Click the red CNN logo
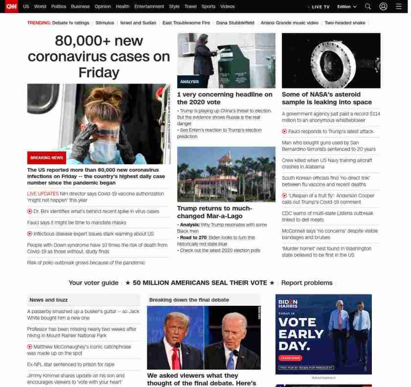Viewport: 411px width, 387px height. pos(11,6)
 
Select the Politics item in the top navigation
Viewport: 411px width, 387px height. pos(59,6)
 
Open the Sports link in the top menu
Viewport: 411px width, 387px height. pos(208,6)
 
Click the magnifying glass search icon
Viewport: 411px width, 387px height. pos(368,6)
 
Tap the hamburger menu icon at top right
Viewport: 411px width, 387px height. pos(398,6)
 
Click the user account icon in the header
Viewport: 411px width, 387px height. pos(383,6)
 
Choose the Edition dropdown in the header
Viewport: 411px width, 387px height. pos(346,6)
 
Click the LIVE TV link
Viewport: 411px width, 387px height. pos(320,7)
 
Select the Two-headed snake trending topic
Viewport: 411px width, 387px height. pos(345,23)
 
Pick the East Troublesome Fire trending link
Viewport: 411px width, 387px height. pos(186,23)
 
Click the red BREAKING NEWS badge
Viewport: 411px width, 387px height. pos(46,158)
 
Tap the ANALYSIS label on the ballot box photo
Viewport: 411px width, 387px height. pos(189,82)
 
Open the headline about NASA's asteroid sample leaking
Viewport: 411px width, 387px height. pos(327,98)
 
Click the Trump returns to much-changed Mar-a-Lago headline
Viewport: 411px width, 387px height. pos(214,212)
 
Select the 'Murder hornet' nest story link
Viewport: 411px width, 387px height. pos(326,251)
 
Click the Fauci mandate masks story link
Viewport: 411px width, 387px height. pos(76,222)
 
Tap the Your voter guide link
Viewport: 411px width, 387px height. pos(93,283)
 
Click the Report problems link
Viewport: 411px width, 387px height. pos(306,283)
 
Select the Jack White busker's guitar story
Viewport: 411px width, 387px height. pos(83,314)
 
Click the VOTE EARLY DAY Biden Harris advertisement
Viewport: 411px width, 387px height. pos(323,334)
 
